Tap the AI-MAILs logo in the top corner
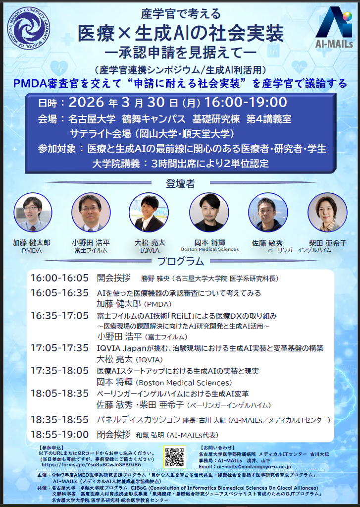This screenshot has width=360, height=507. click(x=333, y=28)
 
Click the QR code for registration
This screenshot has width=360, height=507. click(x=175, y=457)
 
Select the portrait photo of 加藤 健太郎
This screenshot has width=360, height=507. click(x=33, y=212)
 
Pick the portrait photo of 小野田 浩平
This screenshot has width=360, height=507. click(x=91, y=212)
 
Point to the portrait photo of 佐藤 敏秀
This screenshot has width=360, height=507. click(x=268, y=212)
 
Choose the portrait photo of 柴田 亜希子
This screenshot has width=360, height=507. click(x=327, y=212)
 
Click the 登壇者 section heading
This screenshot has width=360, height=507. click(x=180, y=184)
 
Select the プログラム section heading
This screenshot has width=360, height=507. click(x=180, y=261)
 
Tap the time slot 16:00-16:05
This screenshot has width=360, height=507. click(x=59, y=278)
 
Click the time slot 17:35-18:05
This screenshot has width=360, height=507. click(x=59, y=371)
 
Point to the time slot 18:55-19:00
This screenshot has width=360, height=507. click(x=59, y=435)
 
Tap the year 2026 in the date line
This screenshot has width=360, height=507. click(x=87, y=103)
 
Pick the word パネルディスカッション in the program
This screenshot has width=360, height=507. click(x=138, y=420)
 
